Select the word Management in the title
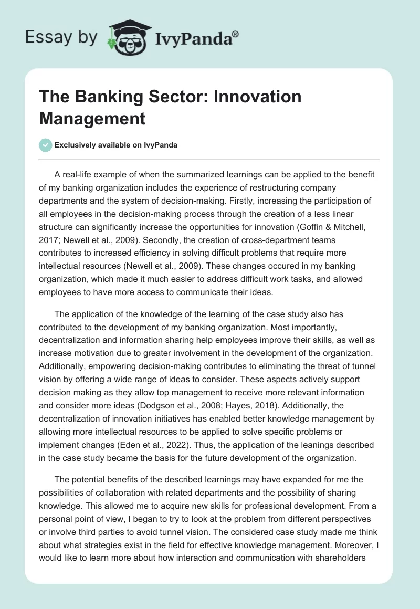(x=92, y=118)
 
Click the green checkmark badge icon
(x=46, y=145)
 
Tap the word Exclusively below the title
(x=76, y=145)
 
